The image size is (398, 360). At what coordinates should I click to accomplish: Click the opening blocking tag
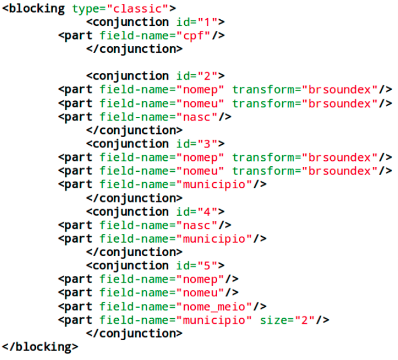(35, 9)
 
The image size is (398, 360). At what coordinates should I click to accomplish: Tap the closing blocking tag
(40, 347)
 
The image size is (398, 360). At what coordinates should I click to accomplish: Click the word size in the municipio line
(275, 320)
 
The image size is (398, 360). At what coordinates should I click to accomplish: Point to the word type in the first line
(85, 9)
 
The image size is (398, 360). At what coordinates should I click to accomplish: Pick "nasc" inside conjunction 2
(197, 117)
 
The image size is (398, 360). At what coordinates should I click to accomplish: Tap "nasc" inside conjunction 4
(197, 225)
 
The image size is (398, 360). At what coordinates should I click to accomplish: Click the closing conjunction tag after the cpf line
(134, 49)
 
